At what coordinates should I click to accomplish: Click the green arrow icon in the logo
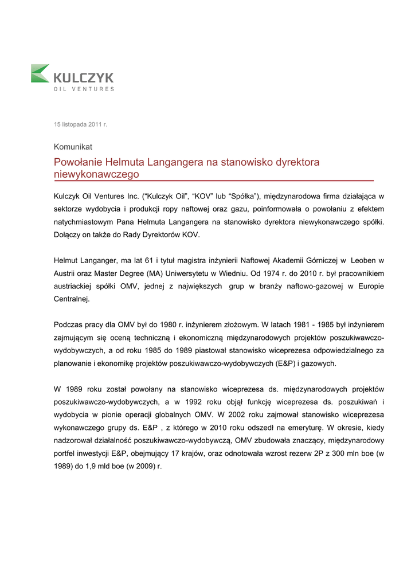point(40,73)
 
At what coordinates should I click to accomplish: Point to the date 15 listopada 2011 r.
point(81,124)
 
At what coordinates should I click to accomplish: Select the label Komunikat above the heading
point(73,147)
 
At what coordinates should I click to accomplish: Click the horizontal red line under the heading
point(213,181)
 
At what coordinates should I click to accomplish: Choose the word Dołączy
point(68,234)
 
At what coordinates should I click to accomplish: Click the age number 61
point(153,261)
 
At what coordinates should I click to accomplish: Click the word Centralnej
point(72,299)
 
